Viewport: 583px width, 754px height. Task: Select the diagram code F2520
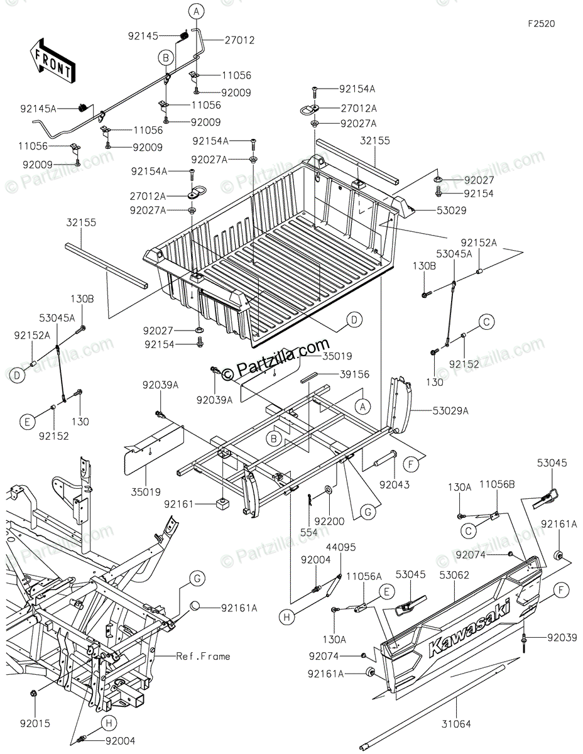541,24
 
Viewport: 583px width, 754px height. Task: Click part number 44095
341,547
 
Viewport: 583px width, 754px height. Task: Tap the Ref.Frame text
203,657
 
